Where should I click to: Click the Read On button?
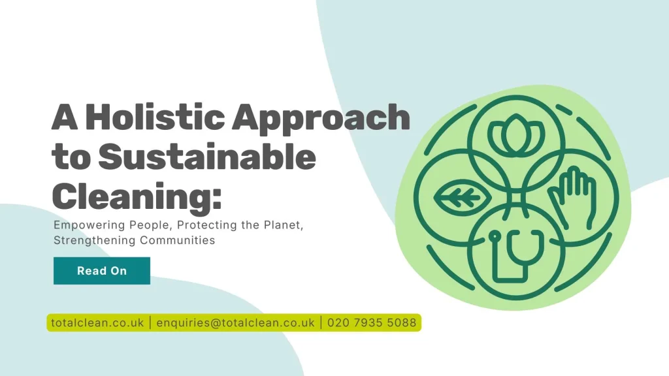point(101,271)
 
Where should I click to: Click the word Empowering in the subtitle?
point(86,225)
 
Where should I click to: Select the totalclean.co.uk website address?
point(97,322)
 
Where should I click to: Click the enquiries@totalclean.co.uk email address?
point(235,322)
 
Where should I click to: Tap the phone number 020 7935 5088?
point(371,322)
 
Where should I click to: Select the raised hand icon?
point(572,194)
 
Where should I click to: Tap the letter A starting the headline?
point(65,118)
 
